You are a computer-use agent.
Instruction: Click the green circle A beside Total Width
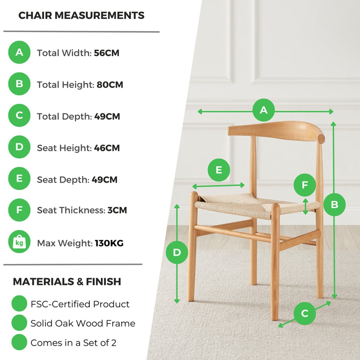19,52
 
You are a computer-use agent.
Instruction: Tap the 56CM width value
107,53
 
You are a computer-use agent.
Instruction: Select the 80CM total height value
110,85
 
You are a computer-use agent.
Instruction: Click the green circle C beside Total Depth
19,115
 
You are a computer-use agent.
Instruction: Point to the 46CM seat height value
107,148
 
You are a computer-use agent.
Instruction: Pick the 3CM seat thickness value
117,210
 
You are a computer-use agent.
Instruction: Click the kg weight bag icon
19,242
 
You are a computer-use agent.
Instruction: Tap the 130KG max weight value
109,243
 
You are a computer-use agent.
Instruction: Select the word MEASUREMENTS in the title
99,15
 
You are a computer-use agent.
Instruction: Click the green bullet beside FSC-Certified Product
19,303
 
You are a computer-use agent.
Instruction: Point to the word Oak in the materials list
65,323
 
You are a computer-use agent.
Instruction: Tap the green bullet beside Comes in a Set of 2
19,342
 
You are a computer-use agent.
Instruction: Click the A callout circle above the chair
264,110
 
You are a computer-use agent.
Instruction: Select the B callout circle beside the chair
334,204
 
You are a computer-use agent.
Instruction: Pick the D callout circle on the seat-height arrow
177,253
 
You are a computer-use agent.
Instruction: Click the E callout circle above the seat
219,170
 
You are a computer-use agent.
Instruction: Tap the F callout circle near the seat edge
305,185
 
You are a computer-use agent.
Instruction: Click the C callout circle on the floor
305,314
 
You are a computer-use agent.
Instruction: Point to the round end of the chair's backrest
321,139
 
